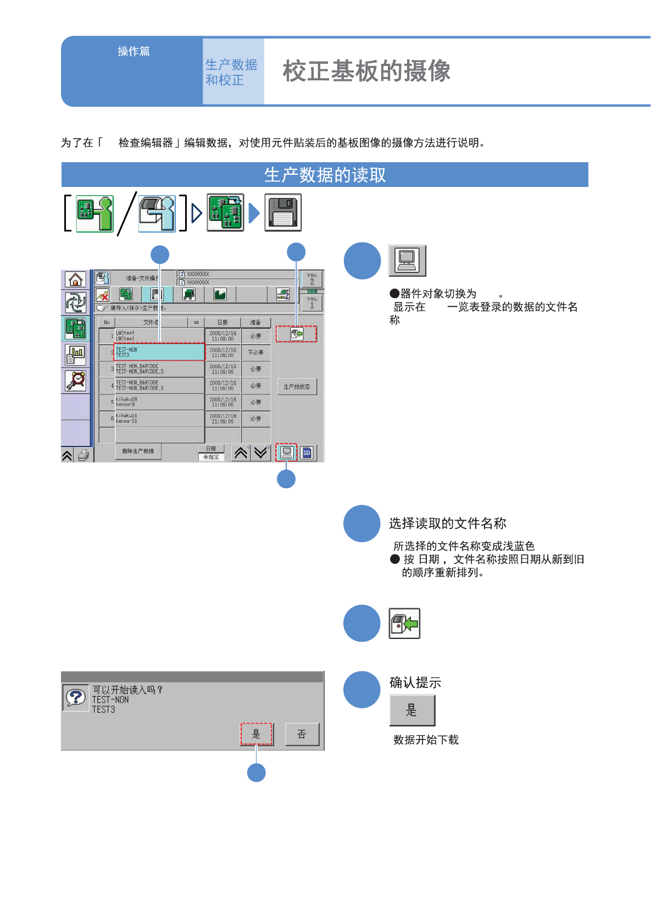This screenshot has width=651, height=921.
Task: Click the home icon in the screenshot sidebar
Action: [x=75, y=280]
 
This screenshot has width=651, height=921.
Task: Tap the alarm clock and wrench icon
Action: [x=75, y=380]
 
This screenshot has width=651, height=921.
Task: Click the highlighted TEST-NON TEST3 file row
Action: [x=159, y=352]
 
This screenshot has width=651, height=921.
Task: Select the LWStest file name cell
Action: [x=159, y=336]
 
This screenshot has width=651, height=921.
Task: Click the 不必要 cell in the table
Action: [x=255, y=352]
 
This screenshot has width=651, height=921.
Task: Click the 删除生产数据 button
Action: [x=138, y=451]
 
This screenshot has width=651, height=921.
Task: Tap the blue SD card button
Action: [x=307, y=453]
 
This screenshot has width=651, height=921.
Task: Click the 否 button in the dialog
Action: [x=302, y=735]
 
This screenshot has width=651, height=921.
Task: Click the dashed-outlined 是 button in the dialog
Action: [x=256, y=735]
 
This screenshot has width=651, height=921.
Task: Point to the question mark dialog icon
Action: [x=76, y=698]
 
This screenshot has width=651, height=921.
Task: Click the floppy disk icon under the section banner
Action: [x=283, y=213]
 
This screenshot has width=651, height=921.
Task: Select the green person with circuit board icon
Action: [x=94, y=213]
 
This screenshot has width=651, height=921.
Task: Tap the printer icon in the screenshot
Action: [x=83, y=455]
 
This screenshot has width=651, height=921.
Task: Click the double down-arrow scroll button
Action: [x=260, y=453]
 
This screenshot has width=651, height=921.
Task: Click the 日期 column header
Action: [x=222, y=323]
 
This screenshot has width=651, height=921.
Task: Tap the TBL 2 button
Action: [x=312, y=279]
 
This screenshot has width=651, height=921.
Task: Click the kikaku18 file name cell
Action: [x=159, y=418]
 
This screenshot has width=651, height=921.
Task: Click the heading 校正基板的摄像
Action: [x=366, y=71]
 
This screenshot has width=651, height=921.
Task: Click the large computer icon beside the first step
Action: [x=407, y=261]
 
